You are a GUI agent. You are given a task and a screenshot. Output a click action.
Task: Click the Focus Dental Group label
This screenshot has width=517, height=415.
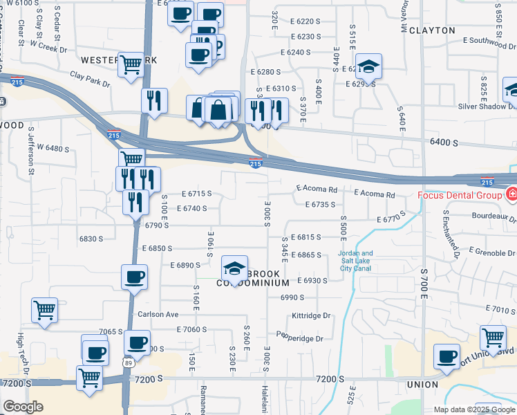click(459, 195)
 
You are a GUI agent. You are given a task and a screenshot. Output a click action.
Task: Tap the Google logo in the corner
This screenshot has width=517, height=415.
click(23, 407)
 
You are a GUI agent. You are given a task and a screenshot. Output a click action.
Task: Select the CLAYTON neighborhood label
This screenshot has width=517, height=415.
click(432, 30)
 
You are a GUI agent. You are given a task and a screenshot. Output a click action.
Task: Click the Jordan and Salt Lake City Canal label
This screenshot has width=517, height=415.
click(355, 261)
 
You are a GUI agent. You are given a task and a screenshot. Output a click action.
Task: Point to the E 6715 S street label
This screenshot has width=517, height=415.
click(196, 194)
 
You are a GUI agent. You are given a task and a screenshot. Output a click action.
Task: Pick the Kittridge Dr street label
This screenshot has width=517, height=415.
click(312, 315)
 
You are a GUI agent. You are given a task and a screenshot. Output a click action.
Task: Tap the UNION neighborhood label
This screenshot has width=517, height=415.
click(422, 384)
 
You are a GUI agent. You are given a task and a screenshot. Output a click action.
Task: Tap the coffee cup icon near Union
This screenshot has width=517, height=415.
click(446, 356)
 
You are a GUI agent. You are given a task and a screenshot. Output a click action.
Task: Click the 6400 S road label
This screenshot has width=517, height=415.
click(444, 142)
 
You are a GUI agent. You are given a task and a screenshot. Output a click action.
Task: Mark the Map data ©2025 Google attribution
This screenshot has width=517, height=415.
click(474, 409)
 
